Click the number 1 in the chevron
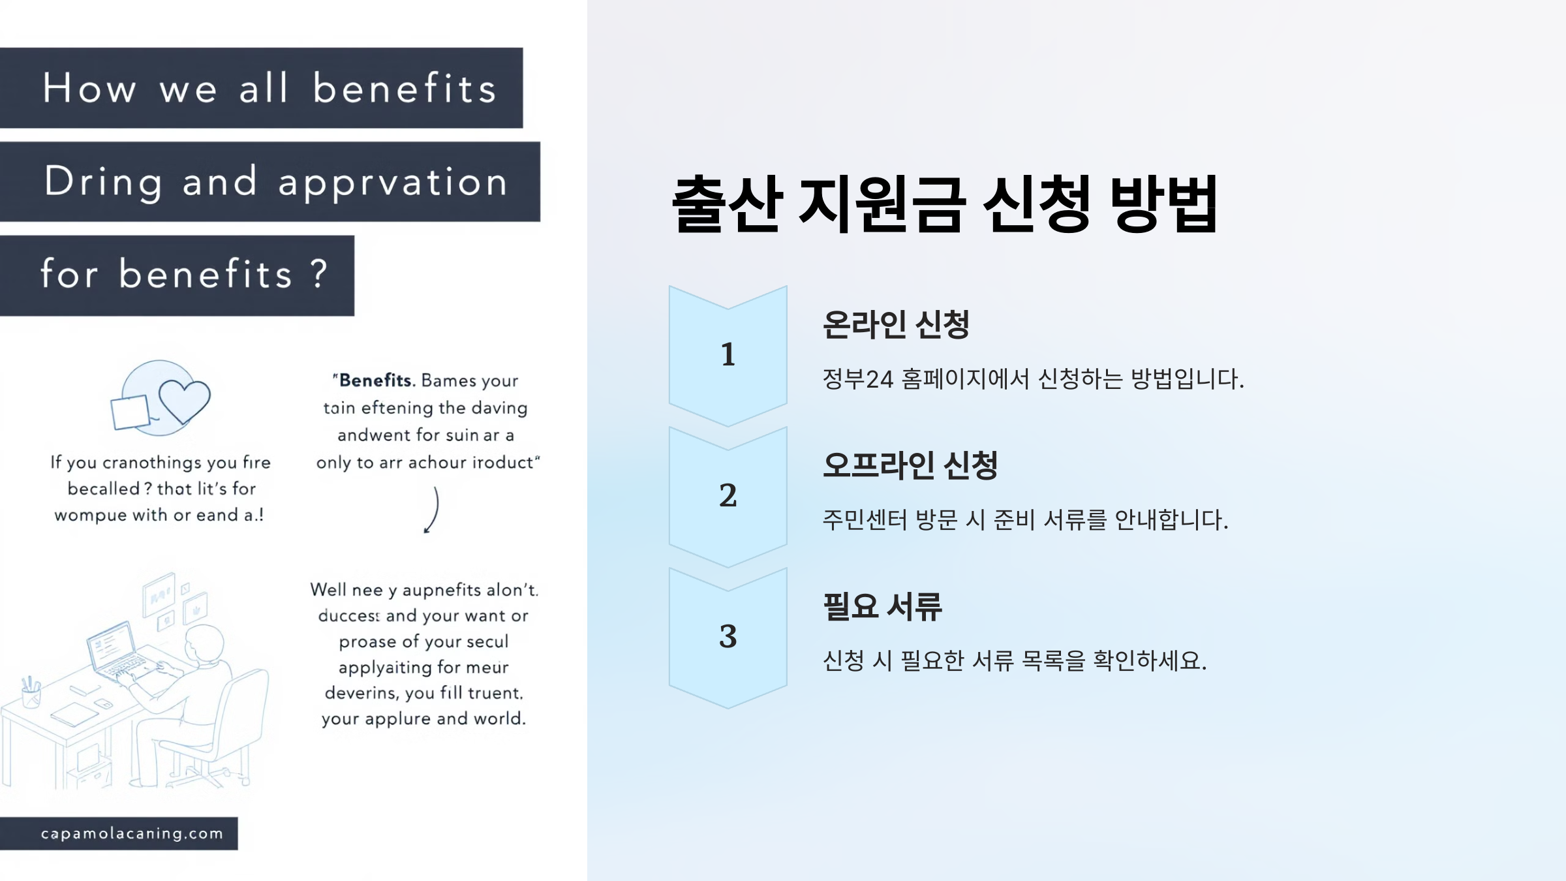[728, 354]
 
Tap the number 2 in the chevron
[728, 495]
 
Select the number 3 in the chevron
[728, 636]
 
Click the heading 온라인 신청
[896, 324]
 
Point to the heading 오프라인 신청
[910, 465]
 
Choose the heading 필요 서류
[882, 606]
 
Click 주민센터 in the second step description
[865, 520]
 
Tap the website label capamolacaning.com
[132, 833]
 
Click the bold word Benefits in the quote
[376, 380]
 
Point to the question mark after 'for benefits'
[318, 273]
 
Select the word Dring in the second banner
[103, 181]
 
